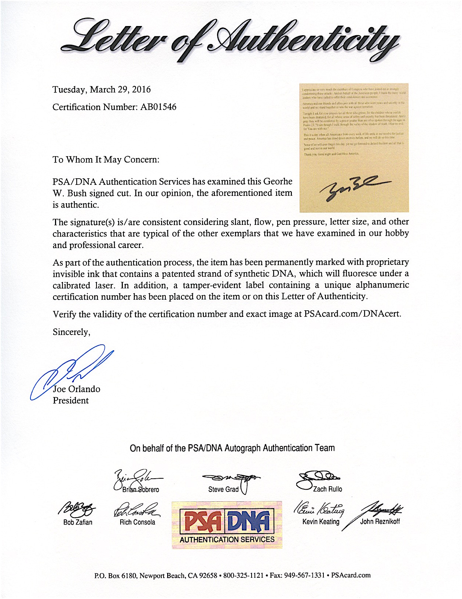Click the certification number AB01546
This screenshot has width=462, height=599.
pyautogui.click(x=158, y=107)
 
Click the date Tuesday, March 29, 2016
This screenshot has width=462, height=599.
pyautogui.click(x=102, y=90)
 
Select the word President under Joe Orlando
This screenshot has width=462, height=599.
pyautogui.click(x=71, y=401)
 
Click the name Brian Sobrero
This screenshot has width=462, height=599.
pyautogui.click(x=141, y=490)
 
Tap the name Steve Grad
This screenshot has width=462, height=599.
pyautogui.click(x=223, y=489)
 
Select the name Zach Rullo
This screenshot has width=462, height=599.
pyautogui.click(x=327, y=489)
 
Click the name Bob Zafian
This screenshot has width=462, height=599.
pyautogui.click(x=78, y=522)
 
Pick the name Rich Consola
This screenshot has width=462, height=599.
pyautogui.click(x=137, y=522)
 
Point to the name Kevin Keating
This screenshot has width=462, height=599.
pyautogui.click(x=321, y=522)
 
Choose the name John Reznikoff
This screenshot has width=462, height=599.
pyautogui.click(x=380, y=522)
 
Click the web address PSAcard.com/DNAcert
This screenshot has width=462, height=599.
pyautogui.click(x=352, y=314)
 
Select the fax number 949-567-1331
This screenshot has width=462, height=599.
pyautogui.click(x=304, y=576)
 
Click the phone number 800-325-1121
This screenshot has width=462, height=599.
pyautogui.click(x=243, y=576)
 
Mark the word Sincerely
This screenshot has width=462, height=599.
pyautogui.click(x=71, y=332)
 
